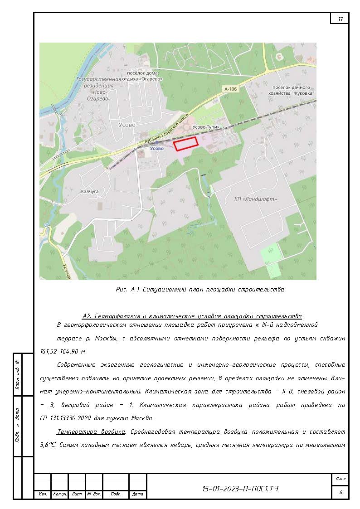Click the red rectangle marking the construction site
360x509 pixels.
click(186, 143)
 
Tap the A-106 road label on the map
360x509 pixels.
click(230, 89)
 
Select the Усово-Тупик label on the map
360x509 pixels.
click(206, 127)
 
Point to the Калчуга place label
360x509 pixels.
click(90, 191)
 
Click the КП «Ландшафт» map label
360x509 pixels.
click(255, 199)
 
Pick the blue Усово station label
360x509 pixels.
click(156, 149)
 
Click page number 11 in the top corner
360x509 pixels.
click(340, 19)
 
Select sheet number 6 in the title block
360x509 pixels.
click(340, 493)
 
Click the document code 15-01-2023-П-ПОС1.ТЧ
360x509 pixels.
click(240, 489)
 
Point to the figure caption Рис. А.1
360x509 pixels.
click(201, 289)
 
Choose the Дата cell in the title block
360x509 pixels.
click(138, 494)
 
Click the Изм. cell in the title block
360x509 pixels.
click(43, 494)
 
